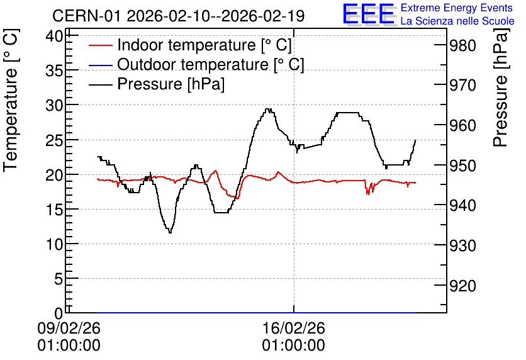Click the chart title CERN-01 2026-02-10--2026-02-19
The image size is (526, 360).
[178, 16]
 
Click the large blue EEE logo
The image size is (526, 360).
[369, 14]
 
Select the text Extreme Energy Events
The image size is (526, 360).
[456, 8]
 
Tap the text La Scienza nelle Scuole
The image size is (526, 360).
[457, 21]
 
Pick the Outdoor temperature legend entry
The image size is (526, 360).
[196, 64]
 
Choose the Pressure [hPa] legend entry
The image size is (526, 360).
[157, 84]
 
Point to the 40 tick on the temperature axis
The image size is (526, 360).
[54, 36]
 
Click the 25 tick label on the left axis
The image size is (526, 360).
[54, 140]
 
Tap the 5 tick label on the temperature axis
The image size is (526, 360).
[59, 279]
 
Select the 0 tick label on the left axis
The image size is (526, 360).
[59, 313]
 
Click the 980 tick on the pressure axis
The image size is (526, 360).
[462, 45]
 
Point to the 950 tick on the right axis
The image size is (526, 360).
[462, 166]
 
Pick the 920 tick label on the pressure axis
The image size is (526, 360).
[462, 286]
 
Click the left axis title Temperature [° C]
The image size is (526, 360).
[11, 101]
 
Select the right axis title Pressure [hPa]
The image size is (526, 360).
[501, 87]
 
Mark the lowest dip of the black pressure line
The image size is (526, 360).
[170, 232]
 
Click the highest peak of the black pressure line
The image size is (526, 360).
[268, 109]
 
